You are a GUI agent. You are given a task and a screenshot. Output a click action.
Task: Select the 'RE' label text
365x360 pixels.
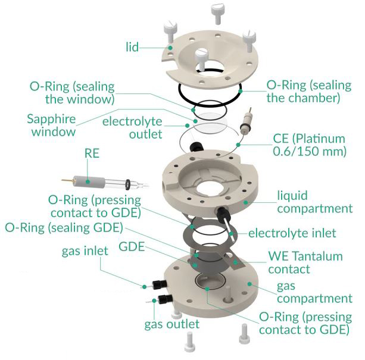92,154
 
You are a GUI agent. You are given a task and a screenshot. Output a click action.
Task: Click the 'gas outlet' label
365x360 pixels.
172,324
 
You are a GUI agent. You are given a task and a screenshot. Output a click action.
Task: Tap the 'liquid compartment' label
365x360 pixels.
314,202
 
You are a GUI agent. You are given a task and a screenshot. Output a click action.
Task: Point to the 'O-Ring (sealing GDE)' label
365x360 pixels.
64,227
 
